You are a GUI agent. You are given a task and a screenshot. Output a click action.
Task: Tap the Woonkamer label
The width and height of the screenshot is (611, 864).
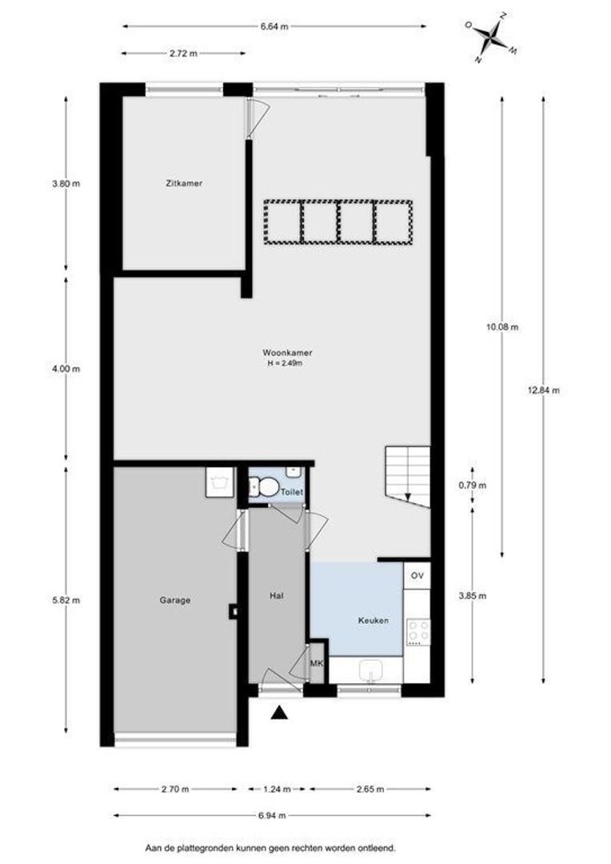[x=286, y=352]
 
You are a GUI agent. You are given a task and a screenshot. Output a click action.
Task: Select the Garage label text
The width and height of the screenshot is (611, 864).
[x=174, y=600]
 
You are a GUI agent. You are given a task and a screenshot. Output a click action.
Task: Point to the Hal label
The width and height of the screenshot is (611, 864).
[x=276, y=595]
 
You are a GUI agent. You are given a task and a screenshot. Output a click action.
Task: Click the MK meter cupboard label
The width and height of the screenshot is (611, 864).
[x=317, y=663]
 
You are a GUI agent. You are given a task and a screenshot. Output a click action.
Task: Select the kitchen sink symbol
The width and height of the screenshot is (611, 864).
[x=371, y=670]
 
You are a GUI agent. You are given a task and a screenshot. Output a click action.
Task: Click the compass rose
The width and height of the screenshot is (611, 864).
[x=491, y=34]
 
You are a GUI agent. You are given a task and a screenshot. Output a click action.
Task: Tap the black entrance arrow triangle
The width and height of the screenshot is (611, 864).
[x=279, y=713]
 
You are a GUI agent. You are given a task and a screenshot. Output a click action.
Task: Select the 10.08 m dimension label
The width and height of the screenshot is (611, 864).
[x=503, y=326]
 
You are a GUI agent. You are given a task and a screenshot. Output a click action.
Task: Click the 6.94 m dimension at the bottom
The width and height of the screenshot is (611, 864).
[x=273, y=815]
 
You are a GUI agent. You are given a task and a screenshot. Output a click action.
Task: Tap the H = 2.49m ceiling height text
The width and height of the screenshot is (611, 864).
[x=286, y=363]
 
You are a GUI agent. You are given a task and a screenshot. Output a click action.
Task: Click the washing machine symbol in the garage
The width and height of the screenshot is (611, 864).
[x=218, y=482]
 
